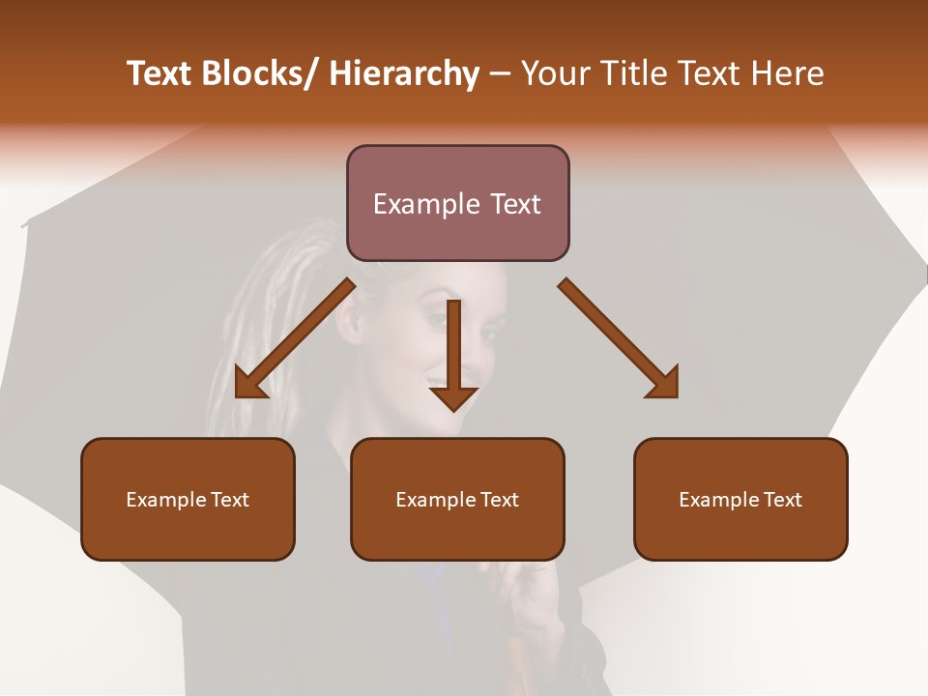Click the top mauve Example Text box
point(457,203)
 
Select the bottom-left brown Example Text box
point(188,499)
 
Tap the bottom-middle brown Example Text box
point(457,499)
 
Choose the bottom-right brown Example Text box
point(740,499)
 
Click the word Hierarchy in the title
point(404,74)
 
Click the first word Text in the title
point(159,74)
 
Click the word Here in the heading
point(786,74)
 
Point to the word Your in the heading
point(555,74)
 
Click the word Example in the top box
point(425,204)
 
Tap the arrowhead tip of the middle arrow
point(453,411)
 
